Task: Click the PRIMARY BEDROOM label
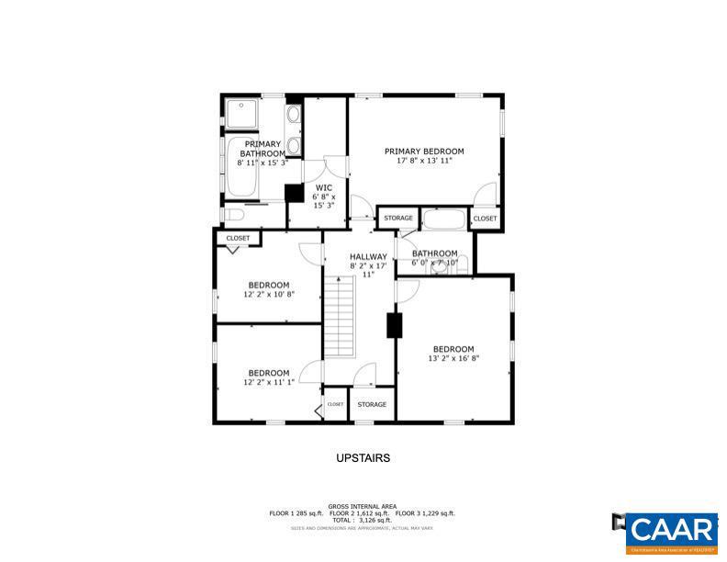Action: [x=424, y=152]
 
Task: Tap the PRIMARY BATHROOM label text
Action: [x=263, y=149]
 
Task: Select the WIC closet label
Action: [x=323, y=187]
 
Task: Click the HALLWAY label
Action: [x=367, y=257]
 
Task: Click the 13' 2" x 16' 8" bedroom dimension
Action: [x=453, y=358]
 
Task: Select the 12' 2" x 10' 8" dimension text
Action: [x=268, y=295]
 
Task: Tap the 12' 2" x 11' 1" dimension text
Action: [x=268, y=382]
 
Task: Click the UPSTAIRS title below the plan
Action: [x=363, y=457]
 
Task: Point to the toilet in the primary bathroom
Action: [x=234, y=215]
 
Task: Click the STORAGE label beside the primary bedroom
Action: [x=397, y=219]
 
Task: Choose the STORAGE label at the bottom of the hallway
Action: [x=372, y=404]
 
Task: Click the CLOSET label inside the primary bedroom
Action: [x=484, y=219]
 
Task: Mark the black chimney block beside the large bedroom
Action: [x=395, y=326]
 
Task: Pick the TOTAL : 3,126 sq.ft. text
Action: [x=363, y=521]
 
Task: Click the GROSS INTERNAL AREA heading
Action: [x=363, y=506]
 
